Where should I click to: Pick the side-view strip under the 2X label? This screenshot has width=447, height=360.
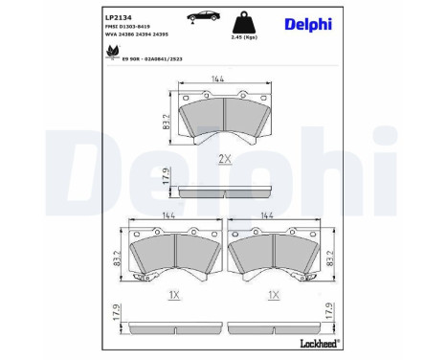click(x=222, y=189)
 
